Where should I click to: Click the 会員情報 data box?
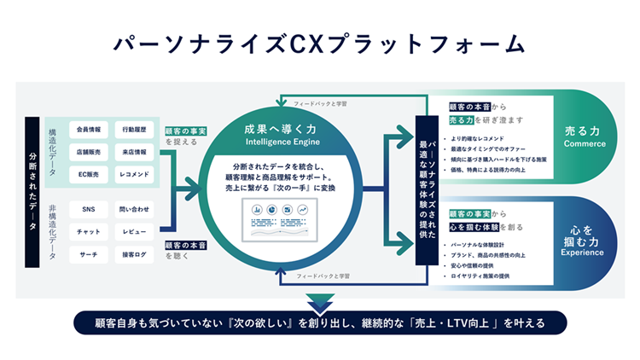coord(89,131)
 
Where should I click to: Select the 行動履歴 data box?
coord(133,131)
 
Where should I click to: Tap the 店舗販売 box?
coord(89,153)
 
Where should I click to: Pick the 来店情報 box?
coord(133,153)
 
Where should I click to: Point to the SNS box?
coord(89,209)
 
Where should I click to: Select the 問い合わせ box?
coord(133,209)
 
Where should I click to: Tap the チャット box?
coord(89,231)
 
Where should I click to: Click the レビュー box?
coord(133,231)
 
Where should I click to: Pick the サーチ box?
coord(89,254)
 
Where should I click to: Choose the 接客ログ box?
coord(133,254)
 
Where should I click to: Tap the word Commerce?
coord(585,144)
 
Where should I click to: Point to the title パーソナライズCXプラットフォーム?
coord(319,42)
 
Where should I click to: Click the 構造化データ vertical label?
coord(51,152)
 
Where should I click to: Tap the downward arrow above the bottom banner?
coord(319,301)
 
